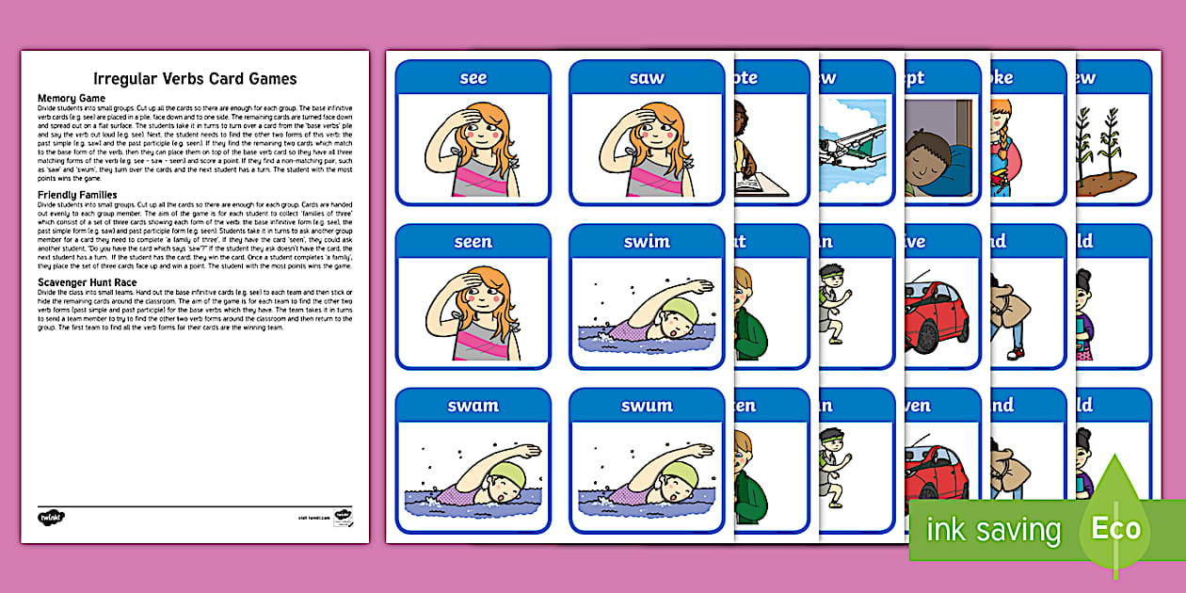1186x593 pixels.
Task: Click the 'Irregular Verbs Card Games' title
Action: (195, 78)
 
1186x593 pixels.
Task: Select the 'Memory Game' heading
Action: (72, 98)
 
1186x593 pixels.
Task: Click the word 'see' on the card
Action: (473, 78)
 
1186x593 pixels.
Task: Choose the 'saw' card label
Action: (647, 78)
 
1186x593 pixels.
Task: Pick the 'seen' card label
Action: (473, 242)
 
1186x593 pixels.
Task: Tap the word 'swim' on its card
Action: (647, 242)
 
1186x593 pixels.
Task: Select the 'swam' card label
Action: (473, 407)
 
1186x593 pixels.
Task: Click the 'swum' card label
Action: (647, 407)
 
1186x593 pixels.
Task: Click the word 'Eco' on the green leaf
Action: (1115, 528)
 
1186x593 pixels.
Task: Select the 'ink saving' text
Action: (993, 530)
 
